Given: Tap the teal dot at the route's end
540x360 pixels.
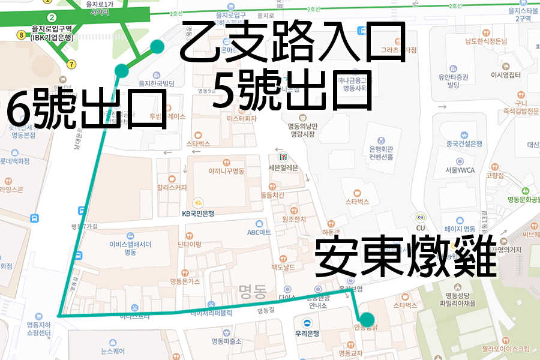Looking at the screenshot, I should [367, 319].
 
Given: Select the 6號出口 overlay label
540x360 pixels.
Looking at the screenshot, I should [88, 109].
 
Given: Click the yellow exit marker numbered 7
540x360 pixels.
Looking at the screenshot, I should [72, 64].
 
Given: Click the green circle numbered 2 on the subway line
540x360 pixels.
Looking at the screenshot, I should [52, 17].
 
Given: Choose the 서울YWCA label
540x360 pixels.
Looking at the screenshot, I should [460, 170].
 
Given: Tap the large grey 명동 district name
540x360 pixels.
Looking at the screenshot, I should [252, 292].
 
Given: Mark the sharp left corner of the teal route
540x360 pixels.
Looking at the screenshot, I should [58, 315].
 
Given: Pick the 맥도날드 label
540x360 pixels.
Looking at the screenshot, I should [284, 266].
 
